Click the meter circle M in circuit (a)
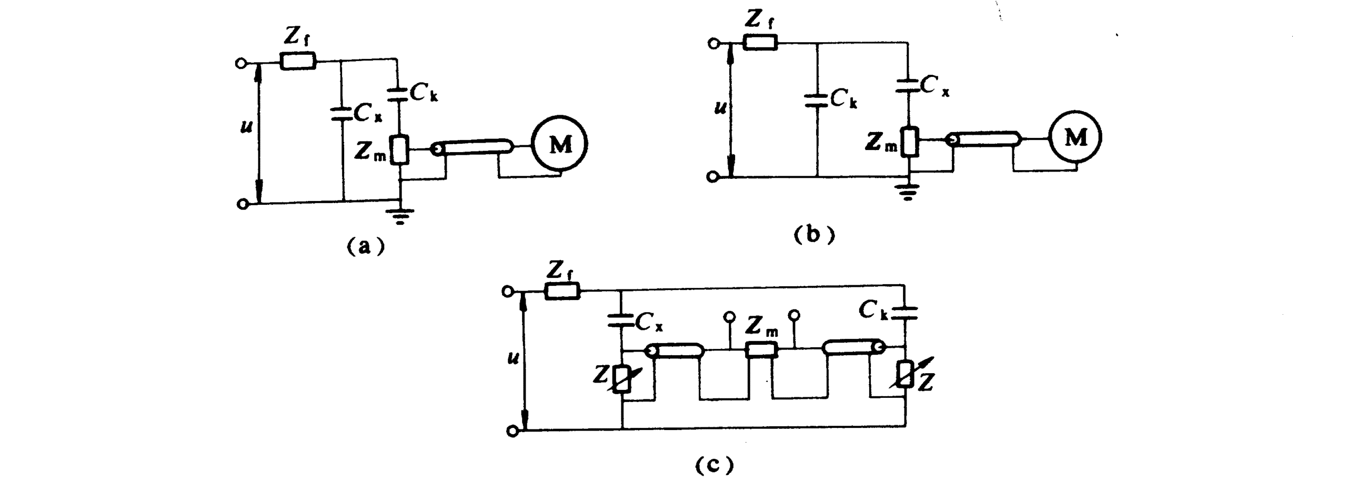(x=560, y=144)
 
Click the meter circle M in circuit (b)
(x=1075, y=138)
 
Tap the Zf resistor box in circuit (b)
(x=760, y=43)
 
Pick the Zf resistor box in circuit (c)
(x=561, y=291)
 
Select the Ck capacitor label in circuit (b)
(x=843, y=99)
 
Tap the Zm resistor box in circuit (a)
(x=401, y=149)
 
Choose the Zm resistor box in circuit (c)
(x=762, y=349)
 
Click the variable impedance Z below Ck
(x=906, y=375)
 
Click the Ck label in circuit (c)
(x=873, y=311)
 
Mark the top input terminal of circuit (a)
(x=241, y=63)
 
